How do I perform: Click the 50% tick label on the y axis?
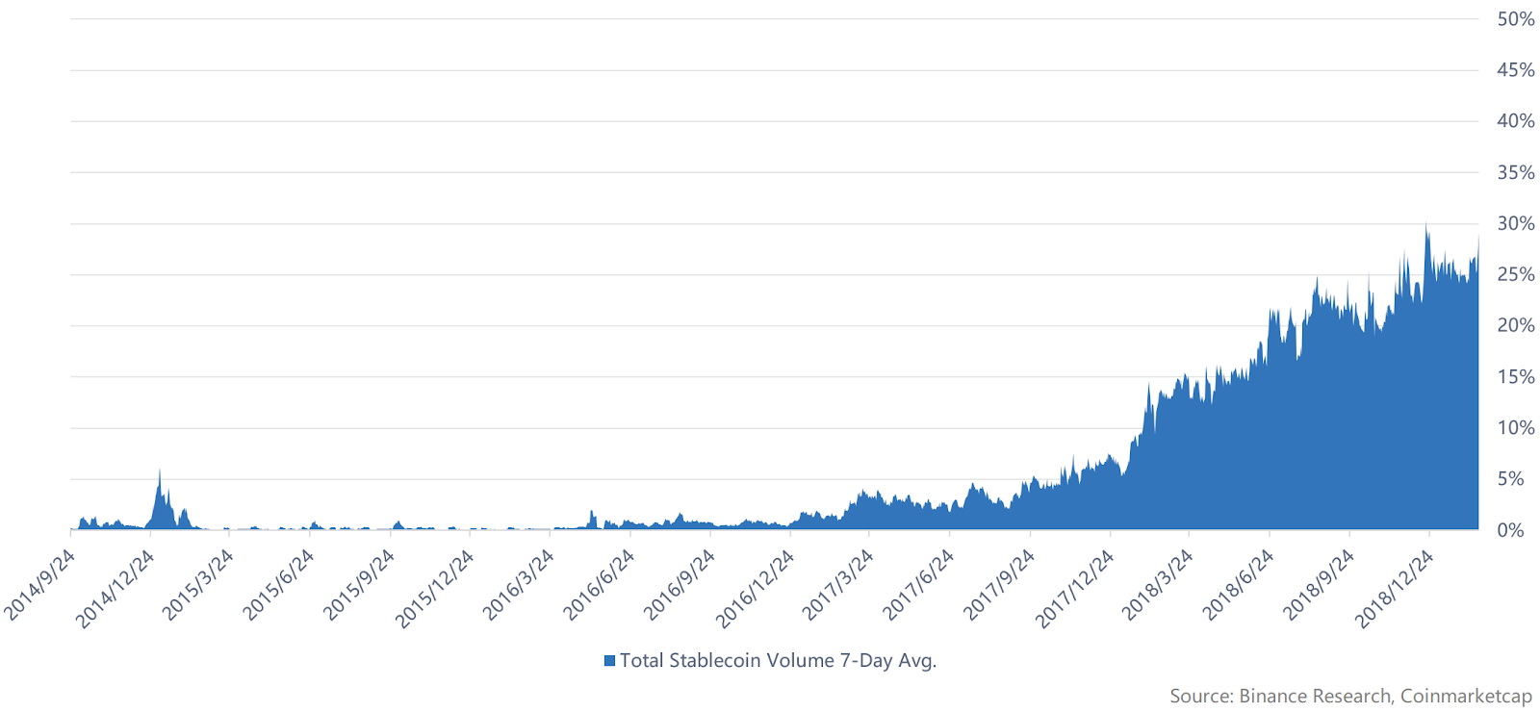[1515, 19]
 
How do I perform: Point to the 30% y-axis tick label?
[1515, 223]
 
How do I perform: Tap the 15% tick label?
[1515, 377]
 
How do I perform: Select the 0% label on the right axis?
[1510, 530]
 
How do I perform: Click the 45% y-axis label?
[1515, 70]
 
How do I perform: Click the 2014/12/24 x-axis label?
[115, 589]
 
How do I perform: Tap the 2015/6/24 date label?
[278, 584]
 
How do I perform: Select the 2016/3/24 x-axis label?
[519, 584]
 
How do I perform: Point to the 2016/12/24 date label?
[756, 589]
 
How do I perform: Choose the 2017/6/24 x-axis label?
[919, 584]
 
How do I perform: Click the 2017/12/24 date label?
[1075, 589]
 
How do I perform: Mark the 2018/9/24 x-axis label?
[1320, 584]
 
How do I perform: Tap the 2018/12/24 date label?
[1395, 589]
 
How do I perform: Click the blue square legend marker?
[609, 661]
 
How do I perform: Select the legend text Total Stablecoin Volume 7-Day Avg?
[778, 661]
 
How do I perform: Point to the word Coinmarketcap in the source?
[1466, 696]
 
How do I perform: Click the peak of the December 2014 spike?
[160, 470]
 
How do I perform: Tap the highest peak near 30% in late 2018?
[1426, 225]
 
